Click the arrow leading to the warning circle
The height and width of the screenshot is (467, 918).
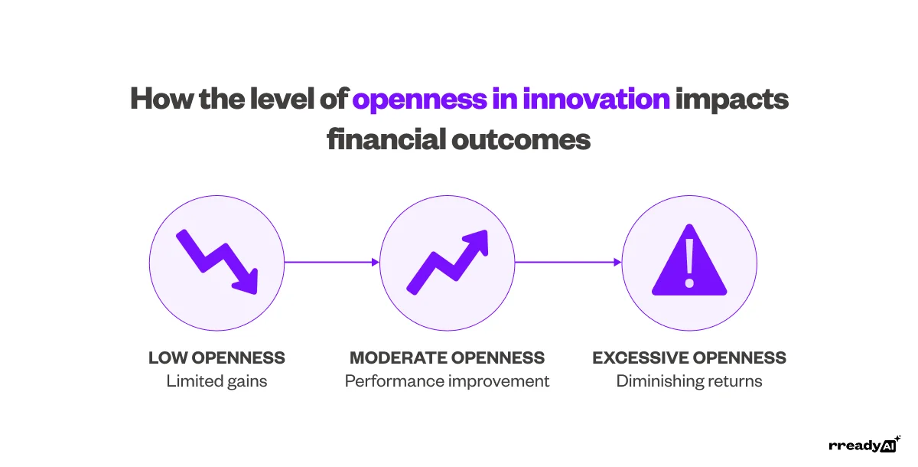pyautogui.click(x=568, y=262)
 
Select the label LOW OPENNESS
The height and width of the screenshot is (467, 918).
pyautogui.click(x=216, y=358)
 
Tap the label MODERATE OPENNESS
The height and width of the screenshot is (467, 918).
pyautogui.click(x=448, y=358)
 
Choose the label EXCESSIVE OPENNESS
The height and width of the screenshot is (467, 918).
pyautogui.click(x=689, y=358)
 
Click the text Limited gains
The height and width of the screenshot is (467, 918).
pyautogui.click(x=216, y=381)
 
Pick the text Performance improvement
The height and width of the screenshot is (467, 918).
pyautogui.click(x=448, y=381)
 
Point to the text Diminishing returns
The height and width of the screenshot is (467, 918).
pyautogui.click(x=689, y=381)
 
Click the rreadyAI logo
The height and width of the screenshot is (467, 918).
pyautogui.click(x=864, y=446)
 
